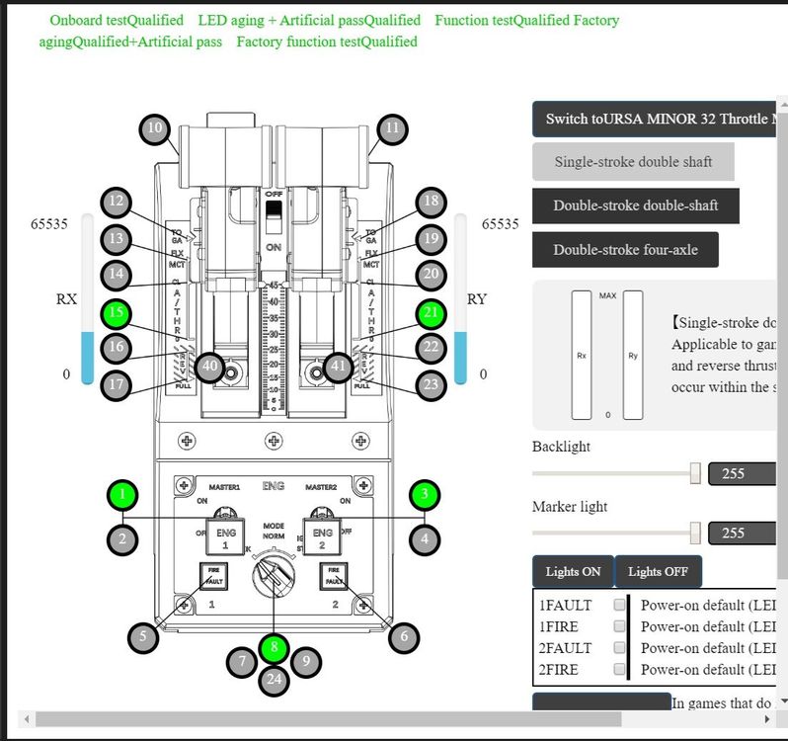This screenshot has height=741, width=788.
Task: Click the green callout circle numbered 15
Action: [x=118, y=315]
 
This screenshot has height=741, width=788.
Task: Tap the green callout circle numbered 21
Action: [x=431, y=315]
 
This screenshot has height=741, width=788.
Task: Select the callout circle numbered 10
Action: [x=154, y=128]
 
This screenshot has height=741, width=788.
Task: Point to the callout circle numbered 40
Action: [x=209, y=367]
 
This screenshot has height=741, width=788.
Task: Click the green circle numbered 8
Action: [x=275, y=649]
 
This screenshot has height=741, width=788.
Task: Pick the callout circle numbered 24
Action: [x=275, y=679]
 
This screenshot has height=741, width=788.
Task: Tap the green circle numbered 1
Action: [x=122, y=493]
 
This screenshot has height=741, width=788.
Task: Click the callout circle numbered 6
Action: [x=403, y=637]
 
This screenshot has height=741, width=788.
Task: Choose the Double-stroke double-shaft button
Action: [x=635, y=206]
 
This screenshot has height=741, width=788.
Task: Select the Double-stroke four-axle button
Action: [x=625, y=250]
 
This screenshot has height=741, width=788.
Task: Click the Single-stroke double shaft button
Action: [x=632, y=162]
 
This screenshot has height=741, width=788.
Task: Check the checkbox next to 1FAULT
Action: [x=619, y=605]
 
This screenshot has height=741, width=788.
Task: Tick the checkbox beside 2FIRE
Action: [x=619, y=670]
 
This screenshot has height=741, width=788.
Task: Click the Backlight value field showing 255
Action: [x=741, y=474]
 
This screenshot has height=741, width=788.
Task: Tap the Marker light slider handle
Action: [x=695, y=534]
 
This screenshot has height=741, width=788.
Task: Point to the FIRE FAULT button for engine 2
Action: [x=334, y=575]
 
